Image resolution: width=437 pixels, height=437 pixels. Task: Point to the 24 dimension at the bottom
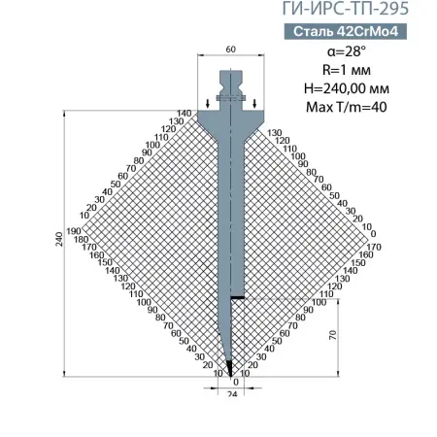[231, 395]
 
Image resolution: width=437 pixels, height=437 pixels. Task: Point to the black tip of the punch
[230, 367]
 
